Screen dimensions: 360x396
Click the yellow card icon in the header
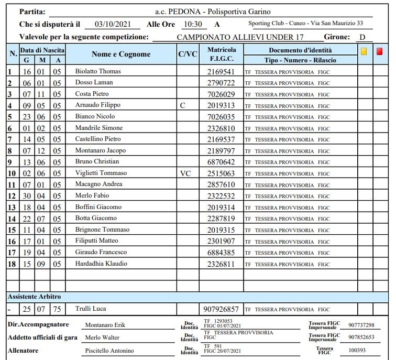pyautogui.click(x=364, y=51)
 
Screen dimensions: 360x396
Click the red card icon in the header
pyautogui.click(x=379, y=51)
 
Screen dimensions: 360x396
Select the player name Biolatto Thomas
pyautogui.click(x=98, y=71)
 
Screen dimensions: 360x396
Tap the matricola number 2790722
pyautogui.click(x=221, y=83)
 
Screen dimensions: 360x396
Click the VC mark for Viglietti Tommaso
pyautogui.click(x=186, y=173)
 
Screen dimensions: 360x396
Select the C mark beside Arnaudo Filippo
pyautogui.click(x=182, y=105)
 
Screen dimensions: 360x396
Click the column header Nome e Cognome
pyautogui.click(x=120, y=54)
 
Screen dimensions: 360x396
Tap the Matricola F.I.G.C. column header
pyautogui.click(x=221, y=54)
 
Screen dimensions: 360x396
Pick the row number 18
pyautogui.click(x=11, y=264)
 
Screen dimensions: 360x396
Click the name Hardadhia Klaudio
pyautogui.click(x=101, y=264)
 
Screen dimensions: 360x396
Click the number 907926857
pyautogui.click(x=221, y=309)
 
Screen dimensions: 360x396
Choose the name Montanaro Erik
pyautogui.click(x=105, y=325)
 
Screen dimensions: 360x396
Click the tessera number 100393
pyautogui.click(x=358, y=350)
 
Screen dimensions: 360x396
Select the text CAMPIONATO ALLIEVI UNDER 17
pyautogui.click(x=240, y=37)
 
